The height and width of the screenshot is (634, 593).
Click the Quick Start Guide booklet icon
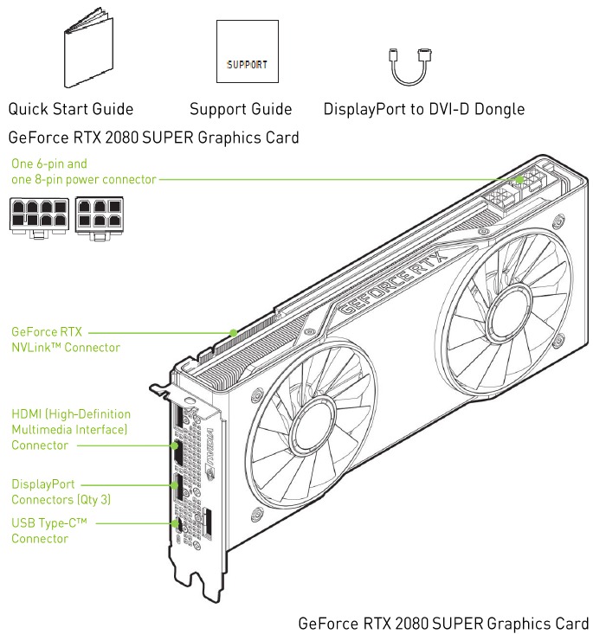click(x=88, y=48)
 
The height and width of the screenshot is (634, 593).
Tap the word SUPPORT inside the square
click(x=247, y=65)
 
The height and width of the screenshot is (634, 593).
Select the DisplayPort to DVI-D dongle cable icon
click(x=410, y=67)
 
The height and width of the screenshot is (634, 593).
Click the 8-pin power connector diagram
click(x=39, y=218)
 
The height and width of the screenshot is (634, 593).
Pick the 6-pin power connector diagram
click(x=100, y=218)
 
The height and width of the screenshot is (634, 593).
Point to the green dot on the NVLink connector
click(x=234, y=333)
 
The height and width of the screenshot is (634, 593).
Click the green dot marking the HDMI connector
click(x=175, y=445)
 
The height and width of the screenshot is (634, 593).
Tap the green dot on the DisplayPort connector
click(x=176, y=485)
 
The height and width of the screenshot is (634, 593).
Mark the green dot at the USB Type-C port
click(x=176, y=523)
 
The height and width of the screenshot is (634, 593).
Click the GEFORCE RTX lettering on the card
click(x=394, y=282)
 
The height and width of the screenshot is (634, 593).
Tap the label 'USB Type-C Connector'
click(x=49, y=530)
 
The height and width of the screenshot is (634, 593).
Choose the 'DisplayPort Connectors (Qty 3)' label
click(x=61, y=491)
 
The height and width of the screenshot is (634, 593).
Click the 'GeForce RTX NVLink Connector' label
click(x=66, y=340)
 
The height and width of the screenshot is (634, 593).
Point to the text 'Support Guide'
click(x=241, y=109)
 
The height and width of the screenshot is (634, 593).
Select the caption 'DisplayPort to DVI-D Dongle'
click(x=424, y=109)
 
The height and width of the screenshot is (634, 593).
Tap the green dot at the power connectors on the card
click(x=519, y=179)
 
